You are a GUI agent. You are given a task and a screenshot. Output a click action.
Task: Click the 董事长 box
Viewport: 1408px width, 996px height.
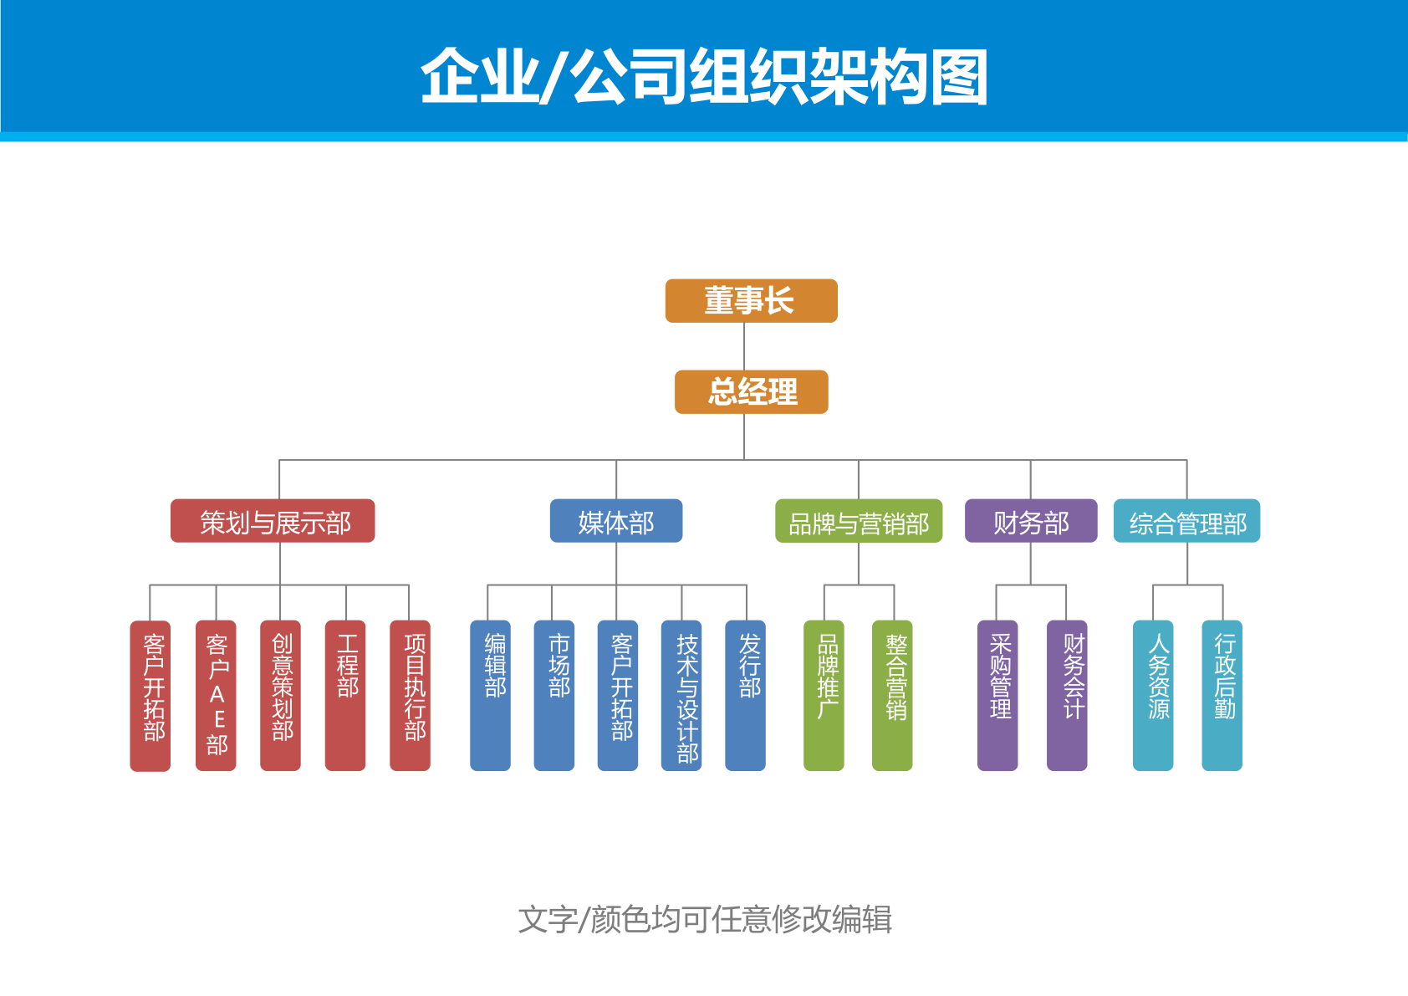(x=751, y=301)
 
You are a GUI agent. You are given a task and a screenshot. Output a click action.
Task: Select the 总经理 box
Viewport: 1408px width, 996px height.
(x=751, y=392)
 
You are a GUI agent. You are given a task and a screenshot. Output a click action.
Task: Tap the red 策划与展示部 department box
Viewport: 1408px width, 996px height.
(x=273, y=522)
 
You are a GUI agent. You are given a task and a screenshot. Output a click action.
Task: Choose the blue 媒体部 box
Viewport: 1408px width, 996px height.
(x=615, y=522)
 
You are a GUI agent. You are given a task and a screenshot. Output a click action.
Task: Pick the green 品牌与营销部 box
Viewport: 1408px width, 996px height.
(x=858, y=522)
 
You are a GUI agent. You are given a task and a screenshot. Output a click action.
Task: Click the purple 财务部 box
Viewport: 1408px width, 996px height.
(x=1030, y=522)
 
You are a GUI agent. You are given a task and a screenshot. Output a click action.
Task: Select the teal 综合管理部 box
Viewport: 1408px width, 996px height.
(x=1186, y=522)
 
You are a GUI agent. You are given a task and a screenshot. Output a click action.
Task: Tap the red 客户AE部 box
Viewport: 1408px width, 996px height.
(x=216, y=695)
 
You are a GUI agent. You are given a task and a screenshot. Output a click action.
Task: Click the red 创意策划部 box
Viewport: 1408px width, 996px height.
(x=280, y=695)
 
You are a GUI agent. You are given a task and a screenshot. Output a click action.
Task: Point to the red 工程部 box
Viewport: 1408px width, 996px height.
(x=345, y=695)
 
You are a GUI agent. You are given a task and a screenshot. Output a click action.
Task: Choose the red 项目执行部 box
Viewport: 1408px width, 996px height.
(x=410, y=695)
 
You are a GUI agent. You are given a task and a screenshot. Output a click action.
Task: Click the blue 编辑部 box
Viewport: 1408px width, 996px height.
(x=490, y=695)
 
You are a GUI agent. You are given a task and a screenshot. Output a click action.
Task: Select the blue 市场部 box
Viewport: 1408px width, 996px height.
(x=554, y=695)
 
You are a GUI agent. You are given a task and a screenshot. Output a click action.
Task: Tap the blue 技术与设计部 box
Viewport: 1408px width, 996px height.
(x=681, y=695)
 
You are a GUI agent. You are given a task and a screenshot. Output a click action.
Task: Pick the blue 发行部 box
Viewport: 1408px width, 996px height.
(x=745, y=695)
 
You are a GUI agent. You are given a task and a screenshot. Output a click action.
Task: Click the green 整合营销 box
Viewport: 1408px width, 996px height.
(x=892, y=695)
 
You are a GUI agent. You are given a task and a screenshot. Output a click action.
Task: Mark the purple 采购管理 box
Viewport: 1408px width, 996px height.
(x=997, y=695)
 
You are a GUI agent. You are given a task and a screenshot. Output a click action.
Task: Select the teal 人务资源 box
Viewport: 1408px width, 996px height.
(x=1153, y=695)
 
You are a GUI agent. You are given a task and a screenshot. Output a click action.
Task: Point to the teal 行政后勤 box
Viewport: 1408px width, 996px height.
(x=1222, y=695)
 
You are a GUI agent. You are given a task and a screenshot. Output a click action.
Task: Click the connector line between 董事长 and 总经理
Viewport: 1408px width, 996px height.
(x=744, y=346)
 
